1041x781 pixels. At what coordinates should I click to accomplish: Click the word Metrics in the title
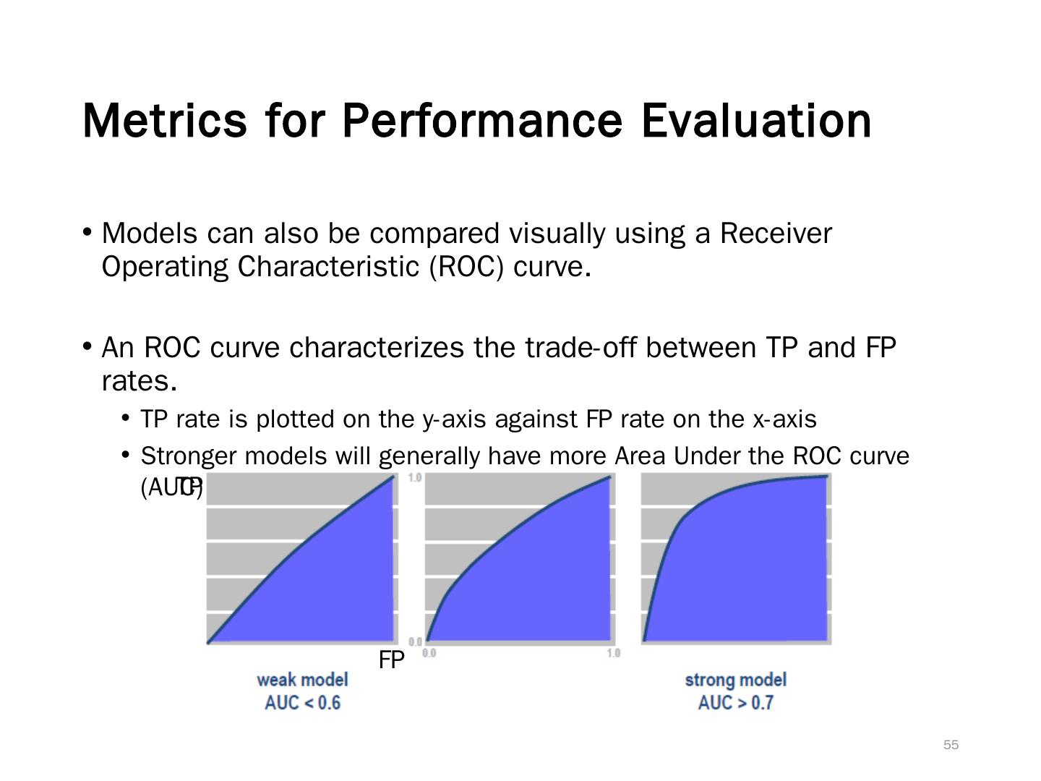(164, 120)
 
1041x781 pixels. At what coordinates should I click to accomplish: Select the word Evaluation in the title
(755, 120)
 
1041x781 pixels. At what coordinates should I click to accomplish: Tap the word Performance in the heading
(481, 120)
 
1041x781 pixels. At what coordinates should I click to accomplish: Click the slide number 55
(951, 745)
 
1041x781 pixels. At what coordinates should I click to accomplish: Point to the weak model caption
(302, 680)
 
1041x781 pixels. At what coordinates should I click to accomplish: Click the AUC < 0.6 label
(302, 703)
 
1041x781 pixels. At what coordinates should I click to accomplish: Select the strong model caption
(735, 680)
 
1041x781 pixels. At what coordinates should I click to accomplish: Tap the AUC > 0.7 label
(735, 703)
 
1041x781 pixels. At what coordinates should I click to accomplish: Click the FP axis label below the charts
(391, 660)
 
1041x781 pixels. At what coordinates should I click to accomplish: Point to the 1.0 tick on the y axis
(415, 478)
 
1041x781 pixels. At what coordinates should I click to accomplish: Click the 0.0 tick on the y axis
(415, 642)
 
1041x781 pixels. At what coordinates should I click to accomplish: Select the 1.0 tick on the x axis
(613, 654)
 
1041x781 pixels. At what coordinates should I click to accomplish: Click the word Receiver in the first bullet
(776, 234)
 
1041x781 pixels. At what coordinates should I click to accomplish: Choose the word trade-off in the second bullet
(581, 348)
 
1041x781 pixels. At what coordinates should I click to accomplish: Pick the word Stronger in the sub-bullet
(188, 456)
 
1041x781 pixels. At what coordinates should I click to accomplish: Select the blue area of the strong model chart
(752, 571)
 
